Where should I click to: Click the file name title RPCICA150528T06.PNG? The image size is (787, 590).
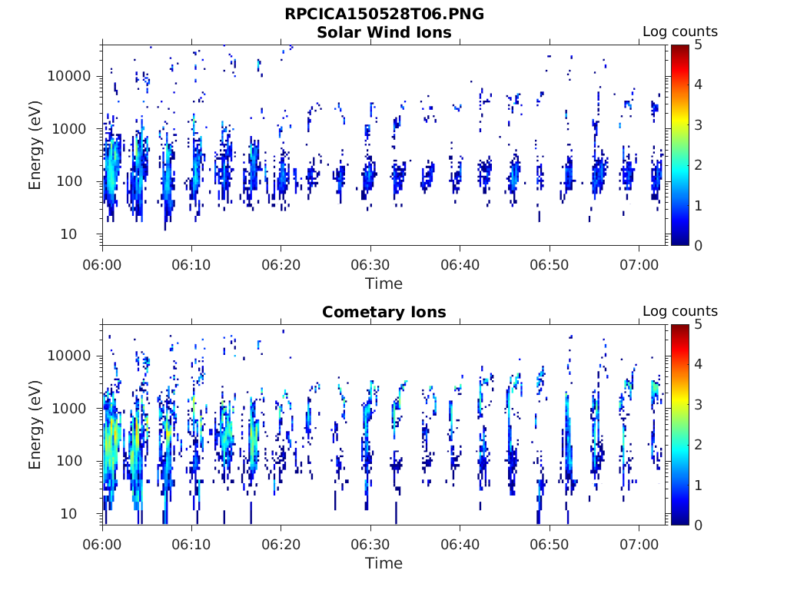(x=384, y=15)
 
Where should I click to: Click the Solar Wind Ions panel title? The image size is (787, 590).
(x=384, y=32)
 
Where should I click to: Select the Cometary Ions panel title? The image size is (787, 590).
(x=384, y=312)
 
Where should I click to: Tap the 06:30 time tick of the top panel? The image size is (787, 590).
(x=370, y=264)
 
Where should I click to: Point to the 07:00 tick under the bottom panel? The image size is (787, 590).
(x=639, y=544)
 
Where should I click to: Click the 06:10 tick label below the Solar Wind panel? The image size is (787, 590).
(x=192, y=264)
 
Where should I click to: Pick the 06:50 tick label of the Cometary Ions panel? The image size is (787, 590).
(x=550, y=544)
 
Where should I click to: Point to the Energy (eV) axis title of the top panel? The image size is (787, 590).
(x=35, y=145)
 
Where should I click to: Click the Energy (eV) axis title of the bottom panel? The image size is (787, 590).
(x=35, y=425)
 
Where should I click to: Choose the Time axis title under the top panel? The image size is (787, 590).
(x=384, y=283)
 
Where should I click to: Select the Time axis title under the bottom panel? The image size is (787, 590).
(x=384, y=563)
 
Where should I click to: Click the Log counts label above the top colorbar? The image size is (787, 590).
(x=679, y=32)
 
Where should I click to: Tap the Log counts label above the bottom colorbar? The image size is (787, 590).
(x=679, y=312)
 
